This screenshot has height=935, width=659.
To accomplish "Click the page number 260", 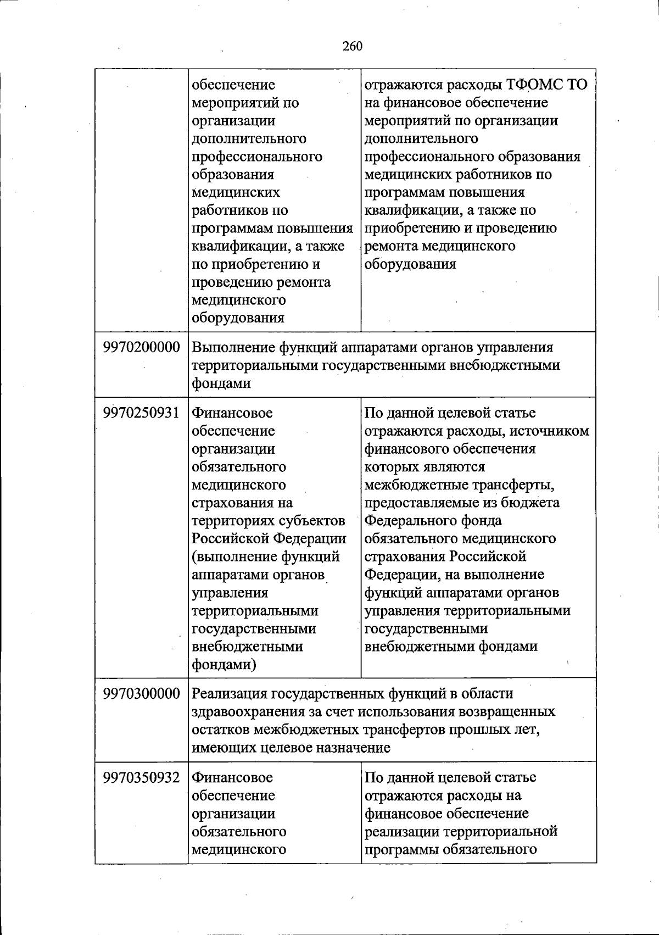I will click(x=353, y=46).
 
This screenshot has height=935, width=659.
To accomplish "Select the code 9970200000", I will click(x=141, y=348).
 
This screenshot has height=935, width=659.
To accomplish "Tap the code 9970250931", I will click(x=141, y=413).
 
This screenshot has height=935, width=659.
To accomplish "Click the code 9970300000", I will click(x=141, y=694).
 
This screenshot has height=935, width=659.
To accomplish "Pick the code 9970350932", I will click(x=141, y=777).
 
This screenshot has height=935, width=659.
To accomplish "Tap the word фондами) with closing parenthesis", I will click(x=224, y=665).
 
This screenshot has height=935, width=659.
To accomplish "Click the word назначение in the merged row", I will click(x=350, y=748).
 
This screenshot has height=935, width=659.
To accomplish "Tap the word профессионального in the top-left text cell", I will click(x=257, y=157).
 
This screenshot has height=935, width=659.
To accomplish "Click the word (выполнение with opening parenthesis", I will click(x=234, y=556).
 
